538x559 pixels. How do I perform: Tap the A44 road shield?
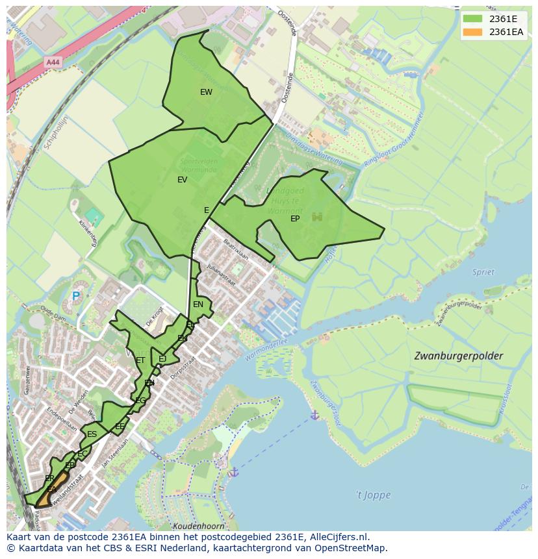(53, 62)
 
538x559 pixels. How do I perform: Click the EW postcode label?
(206, 92)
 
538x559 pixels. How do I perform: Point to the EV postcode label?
(182, 180)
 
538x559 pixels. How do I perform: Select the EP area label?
(295, 219)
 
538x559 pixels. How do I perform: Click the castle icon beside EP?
(317, 217)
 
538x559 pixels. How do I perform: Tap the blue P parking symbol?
(75, 296)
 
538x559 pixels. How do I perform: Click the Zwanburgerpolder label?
(458, 356)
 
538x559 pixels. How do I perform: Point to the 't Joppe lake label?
(373, 495)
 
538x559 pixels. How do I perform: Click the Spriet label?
(483, 272)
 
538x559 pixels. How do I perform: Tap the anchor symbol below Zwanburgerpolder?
(314, 415)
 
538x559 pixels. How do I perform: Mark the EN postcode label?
(198, 304)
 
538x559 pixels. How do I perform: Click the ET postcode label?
(140, 360)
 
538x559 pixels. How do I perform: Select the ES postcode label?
(92, 434)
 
